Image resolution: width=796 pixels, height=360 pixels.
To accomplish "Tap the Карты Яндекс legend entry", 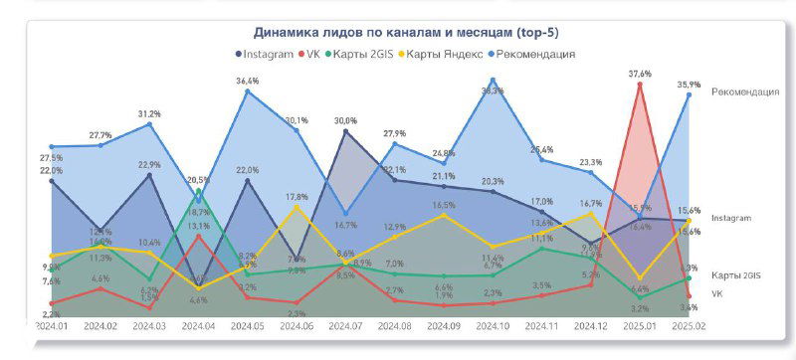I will pyautogui.click(x=443, y=54).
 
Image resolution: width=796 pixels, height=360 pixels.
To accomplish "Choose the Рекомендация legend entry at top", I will pyautogui.click(x=532, y=54).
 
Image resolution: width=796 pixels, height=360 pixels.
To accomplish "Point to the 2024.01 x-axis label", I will pyautogui.click(x=51, y=325).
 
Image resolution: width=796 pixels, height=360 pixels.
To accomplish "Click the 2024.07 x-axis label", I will pyautogui.click(x=344, y=325).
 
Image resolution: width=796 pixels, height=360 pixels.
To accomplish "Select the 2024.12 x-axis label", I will pyautogui.click(x=590, y=325).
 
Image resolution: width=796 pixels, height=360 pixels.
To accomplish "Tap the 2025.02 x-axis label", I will pyautogui.click(x=688, y=325).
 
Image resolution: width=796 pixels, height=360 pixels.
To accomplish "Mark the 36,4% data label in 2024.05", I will pyautogui.click(x=248, y=81).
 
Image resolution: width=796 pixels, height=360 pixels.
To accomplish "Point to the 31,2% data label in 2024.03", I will pyautogui.click(x=149, y=113).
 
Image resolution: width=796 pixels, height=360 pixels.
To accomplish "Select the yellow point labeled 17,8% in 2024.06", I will pyautogui.click(x=297, y=207).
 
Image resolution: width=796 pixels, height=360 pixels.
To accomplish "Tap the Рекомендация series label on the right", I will pyautogui.click(x=745, y=92).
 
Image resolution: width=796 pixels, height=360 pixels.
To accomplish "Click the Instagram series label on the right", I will pyautogui.click(x=731, y=217).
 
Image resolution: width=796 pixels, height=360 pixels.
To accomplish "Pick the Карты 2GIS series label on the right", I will pyautogui.click(x=736, y=274).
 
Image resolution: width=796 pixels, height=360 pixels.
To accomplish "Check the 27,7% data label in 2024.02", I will pyautogui.click(x=100, y=134).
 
